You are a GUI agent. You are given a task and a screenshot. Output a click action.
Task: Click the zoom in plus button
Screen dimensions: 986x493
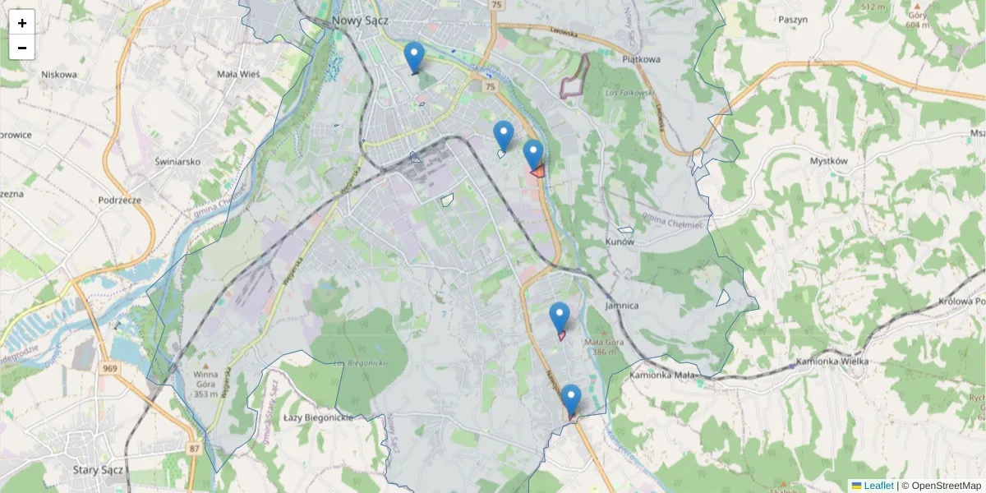coord(22,22)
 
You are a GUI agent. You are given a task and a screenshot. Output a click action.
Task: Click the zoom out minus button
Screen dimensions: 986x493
coord(22,48)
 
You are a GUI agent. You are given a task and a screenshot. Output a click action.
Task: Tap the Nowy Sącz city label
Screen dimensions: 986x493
coord(360,20)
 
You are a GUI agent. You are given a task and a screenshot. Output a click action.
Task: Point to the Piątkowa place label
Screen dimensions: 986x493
coord(642,59)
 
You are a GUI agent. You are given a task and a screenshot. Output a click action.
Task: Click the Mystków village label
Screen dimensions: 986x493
coord(827,161)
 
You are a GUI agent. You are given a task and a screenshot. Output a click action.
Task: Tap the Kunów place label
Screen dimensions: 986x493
coord(620,242)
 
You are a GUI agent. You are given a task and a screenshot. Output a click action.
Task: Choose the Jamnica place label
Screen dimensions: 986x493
coord(621,305)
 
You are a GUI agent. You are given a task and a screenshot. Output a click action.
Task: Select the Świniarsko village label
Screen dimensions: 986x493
coord(177,162)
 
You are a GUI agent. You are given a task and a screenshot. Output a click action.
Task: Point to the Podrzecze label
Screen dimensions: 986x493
coord(120,200)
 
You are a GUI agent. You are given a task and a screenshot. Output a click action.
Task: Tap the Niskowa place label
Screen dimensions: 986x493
coord(59,74)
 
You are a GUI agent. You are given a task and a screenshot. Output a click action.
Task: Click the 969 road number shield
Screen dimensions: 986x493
coord(110,368)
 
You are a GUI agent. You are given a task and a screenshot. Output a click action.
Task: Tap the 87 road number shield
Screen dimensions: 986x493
coord(194,448)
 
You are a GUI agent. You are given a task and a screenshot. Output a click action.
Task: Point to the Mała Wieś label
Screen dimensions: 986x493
coord(238,74)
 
